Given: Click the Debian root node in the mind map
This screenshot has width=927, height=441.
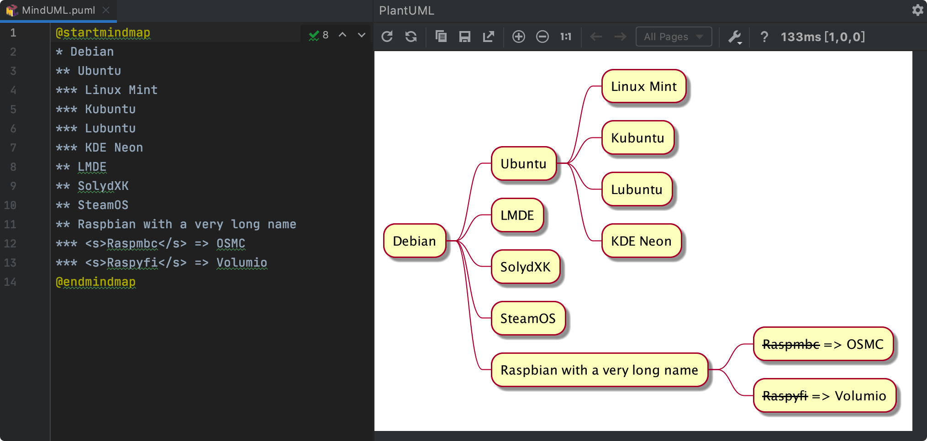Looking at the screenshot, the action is (415, 241).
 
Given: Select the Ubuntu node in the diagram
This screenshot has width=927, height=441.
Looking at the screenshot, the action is (523, 163).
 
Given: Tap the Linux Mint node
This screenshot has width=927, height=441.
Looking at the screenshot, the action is (644, 86).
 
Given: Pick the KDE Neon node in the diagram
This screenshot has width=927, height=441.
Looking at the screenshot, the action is (641, 241).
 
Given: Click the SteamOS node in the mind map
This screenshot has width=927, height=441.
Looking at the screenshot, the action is (528, 318).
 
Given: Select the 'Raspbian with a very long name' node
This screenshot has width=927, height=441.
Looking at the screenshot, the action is (599, 370).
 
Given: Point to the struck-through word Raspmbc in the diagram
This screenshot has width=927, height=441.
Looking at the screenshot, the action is (791, 344).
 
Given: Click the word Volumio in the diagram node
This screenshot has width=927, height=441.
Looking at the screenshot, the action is (860, 396).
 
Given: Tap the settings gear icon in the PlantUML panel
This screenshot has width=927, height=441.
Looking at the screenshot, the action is (917, 10).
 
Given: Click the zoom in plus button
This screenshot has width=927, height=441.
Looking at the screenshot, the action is (519, 37).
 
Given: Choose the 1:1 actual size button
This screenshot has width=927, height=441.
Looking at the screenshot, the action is (566, 37).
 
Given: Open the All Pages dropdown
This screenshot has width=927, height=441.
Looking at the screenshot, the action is (674, 37).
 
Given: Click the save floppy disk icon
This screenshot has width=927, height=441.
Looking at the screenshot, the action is (465, 37).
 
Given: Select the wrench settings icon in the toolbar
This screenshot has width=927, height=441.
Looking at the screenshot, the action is (735, 37).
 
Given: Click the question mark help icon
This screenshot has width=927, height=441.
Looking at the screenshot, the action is (764, 37).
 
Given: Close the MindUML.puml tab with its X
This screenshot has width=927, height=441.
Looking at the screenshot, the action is (106, 10).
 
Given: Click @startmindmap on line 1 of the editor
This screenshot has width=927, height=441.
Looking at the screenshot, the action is (103, 32).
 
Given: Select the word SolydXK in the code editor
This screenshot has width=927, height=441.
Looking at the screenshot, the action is (103, 186).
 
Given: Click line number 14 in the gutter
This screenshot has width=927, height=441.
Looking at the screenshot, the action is (10, 282).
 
